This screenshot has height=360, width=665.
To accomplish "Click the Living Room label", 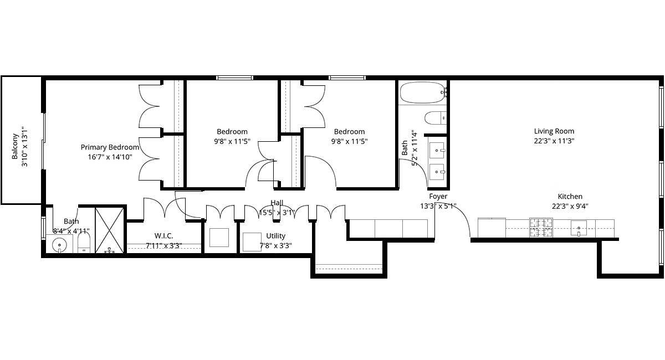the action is coord(554,131).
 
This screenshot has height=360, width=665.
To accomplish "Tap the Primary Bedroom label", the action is coord(110,147).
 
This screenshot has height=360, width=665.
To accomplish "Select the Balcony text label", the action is coord(15,146).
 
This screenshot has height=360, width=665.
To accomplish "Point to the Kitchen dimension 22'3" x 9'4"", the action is coord(570,206).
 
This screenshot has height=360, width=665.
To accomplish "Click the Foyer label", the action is coord(438,196).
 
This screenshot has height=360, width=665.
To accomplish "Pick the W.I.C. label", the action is coord(163,236).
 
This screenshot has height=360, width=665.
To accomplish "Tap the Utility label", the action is coord(275,236).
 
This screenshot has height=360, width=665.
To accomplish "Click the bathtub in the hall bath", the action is coord(423,92).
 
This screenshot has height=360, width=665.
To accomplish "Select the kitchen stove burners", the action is coord(541,228).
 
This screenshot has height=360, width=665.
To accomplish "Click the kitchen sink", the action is coord(579,228).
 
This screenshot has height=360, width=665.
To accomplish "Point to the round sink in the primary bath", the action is coord(59,245).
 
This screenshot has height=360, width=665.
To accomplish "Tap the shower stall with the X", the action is coord(109,230).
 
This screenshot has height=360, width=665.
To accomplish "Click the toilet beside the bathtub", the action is coord(436,118).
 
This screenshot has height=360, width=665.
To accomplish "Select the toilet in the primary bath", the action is coord(84,243).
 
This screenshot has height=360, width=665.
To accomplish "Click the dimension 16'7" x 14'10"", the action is coord(110,157).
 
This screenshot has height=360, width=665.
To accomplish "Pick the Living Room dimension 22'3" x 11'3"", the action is coord(554,141).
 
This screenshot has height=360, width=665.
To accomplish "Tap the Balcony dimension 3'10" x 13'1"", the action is coord(24,147).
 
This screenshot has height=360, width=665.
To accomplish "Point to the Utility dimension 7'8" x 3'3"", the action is coord(275,246).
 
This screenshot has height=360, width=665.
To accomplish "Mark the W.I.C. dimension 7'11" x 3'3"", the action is coord(163,246).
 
